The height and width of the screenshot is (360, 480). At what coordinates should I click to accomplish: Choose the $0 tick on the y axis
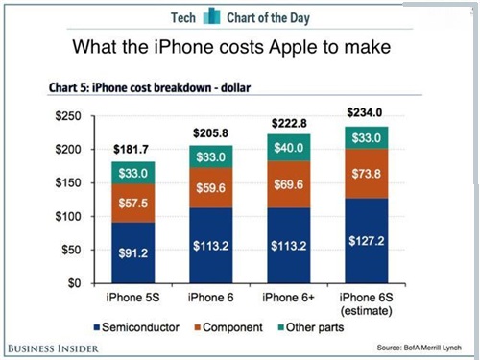(x=78, y=284)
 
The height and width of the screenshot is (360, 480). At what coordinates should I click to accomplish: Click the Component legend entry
(x=231, y=328)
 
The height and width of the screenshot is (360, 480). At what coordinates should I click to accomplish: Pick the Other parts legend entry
(x=313, y=328)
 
